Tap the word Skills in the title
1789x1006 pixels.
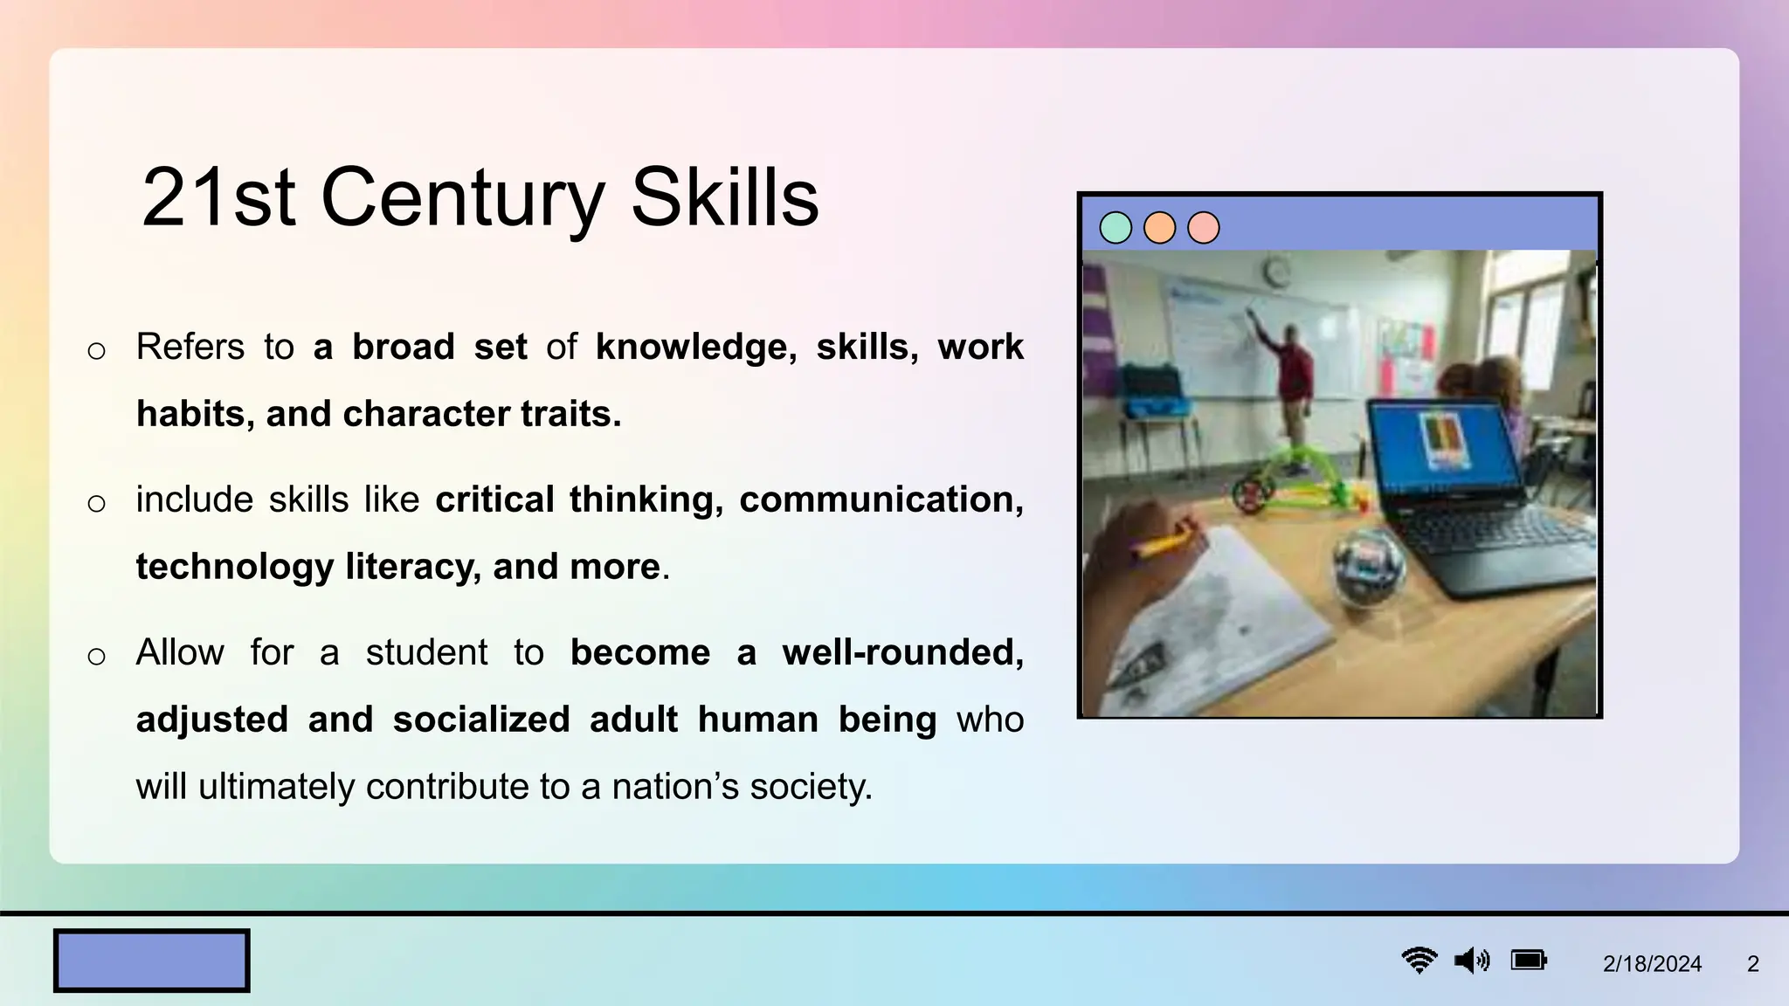724,198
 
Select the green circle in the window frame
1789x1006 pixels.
1116,228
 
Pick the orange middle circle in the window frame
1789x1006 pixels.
1159,228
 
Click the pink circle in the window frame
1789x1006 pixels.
1204,228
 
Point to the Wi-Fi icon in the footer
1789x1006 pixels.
1419,961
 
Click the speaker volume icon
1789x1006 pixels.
1472,961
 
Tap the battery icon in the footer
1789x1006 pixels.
1529,961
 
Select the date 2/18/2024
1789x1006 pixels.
1652,964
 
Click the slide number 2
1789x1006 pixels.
1752,964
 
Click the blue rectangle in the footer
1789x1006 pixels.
152,961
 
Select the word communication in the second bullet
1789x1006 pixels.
881,500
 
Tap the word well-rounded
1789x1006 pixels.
902,652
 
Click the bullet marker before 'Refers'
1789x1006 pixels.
96,351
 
